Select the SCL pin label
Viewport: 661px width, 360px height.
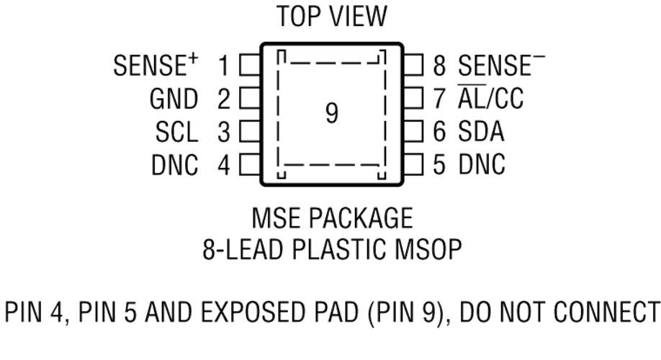(176, 132)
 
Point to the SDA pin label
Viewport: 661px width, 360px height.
(480, 132)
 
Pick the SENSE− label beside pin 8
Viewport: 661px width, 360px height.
(501, 66)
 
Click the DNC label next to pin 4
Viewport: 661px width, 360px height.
(175, 165)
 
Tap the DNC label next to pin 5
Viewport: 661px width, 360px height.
(481, 165)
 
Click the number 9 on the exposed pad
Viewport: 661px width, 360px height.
(331, 113)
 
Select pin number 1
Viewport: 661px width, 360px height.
(224, 66)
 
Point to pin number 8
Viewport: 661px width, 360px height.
(439, 66)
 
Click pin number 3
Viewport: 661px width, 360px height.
(224, 132)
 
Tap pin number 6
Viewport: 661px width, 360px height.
(439, 132)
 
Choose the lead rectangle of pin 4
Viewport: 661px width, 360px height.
(249, 165)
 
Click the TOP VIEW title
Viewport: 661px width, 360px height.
(331, 15)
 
